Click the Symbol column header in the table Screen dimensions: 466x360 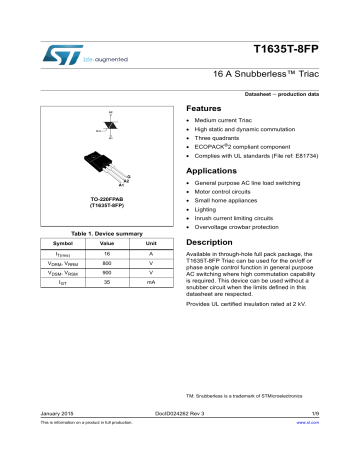coord(63,243)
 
